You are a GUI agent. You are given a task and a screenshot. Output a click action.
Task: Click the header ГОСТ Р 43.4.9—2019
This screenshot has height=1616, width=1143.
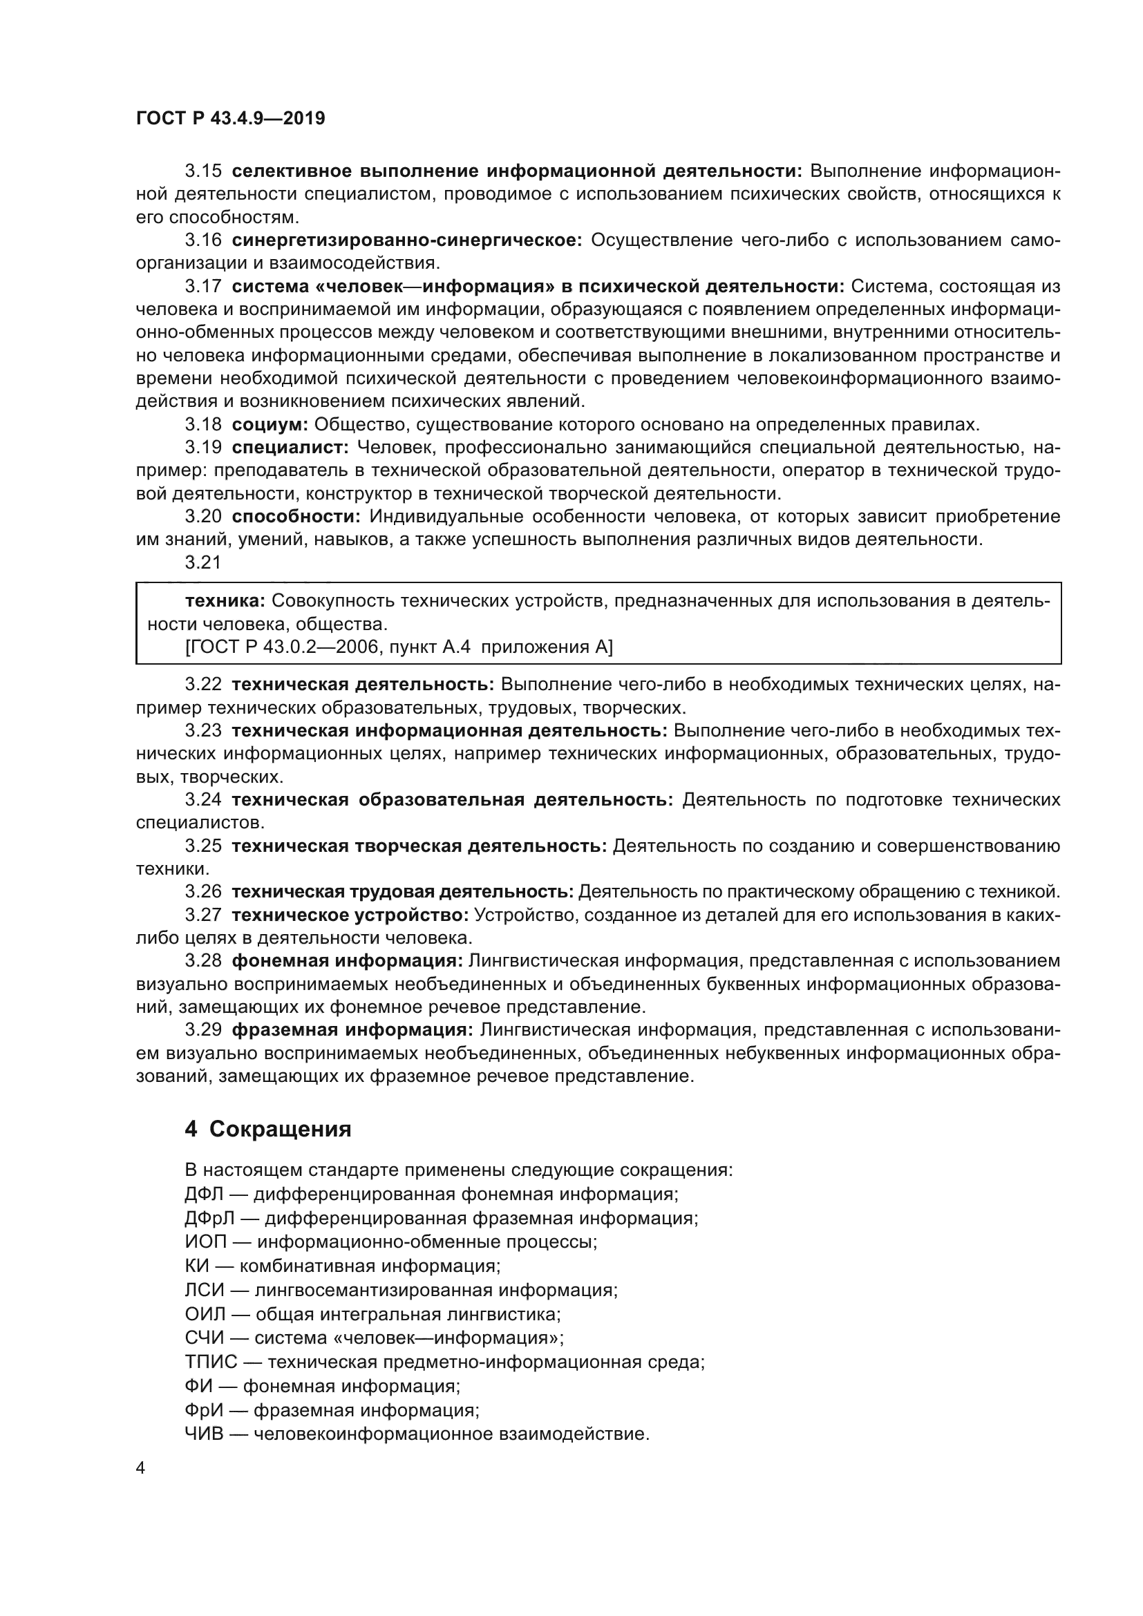pos(230,118)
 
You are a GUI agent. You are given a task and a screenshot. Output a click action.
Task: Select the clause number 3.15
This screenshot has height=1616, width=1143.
pos(202,171)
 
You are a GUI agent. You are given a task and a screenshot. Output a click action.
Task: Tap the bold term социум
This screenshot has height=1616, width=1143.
pos(270,424)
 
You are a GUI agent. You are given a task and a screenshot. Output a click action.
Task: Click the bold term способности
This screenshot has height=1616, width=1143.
pos(296,517)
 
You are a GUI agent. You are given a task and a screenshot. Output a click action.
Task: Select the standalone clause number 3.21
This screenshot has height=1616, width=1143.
pos(202,562)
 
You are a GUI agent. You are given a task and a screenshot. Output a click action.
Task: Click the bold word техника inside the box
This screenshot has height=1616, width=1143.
pos(225,601)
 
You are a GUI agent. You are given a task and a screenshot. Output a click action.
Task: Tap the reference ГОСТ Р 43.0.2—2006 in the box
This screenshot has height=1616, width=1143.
pos(274,647)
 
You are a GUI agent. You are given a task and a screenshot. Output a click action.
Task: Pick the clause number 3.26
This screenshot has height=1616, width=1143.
pos(202,892)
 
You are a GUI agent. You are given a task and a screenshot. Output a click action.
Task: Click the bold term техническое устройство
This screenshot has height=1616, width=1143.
pos(350,915)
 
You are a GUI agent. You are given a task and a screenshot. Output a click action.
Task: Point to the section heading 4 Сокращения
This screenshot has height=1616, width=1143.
pos(267,1129)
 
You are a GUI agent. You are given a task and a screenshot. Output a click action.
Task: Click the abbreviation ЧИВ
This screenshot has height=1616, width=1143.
pos(204,1434)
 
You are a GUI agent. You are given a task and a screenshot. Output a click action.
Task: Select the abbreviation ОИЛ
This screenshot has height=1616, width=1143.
pos(204,1314)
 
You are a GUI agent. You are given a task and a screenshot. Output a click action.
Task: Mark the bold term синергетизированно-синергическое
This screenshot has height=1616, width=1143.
pos(407,240)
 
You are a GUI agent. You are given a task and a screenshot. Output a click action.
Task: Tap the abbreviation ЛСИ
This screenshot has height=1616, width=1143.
pos(204,1290)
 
